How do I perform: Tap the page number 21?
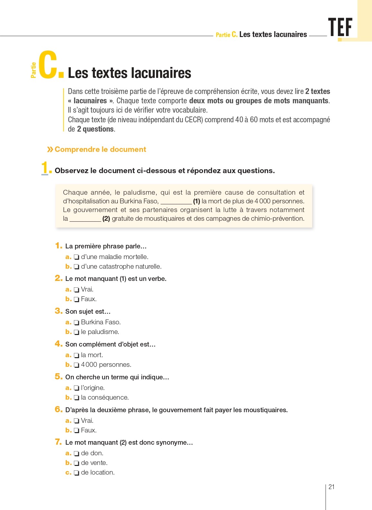click(331, 487)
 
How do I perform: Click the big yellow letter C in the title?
click(48, 65)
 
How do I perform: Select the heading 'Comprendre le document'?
click(100, 149)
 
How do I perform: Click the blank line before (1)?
click(176, 202)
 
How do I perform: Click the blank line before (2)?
click(85, 219)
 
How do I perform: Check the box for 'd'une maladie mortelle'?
click(77, 257)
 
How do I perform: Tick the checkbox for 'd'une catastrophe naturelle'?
click(77, 267)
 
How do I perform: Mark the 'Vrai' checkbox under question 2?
click(77, 290)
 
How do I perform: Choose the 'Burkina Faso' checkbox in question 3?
click(77, 322)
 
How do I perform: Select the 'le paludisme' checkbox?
click(77, 332)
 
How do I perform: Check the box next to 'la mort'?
click(77, 355)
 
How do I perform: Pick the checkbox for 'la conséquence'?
click(77, 398)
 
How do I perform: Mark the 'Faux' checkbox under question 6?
click(77, 431)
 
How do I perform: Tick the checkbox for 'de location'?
click(77, 473)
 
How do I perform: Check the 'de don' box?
click(77, 453)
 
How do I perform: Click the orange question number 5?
click(58, 376)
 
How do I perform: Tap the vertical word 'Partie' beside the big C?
click(33, 70)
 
